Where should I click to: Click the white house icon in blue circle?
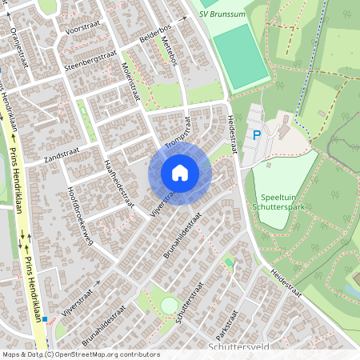tap(202, 173)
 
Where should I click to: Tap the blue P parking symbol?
tap(257, 136)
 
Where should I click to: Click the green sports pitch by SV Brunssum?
tap(241, 56)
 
